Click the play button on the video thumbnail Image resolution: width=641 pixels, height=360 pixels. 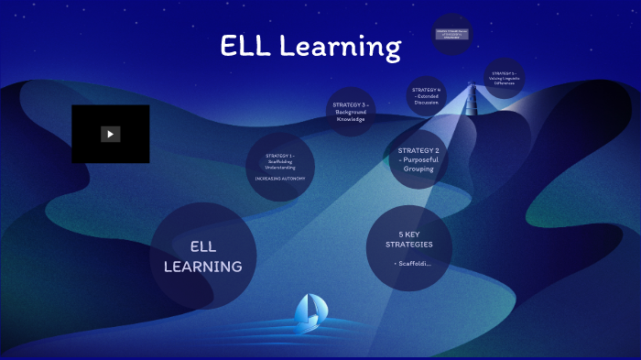[x=110, y=134]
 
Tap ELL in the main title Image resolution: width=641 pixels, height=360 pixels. [x=244, y=47]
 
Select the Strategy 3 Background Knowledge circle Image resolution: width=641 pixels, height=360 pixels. [x=350, y=112]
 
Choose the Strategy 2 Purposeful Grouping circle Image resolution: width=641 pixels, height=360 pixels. [x=418, y=159]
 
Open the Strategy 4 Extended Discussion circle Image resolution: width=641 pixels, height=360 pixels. [x=427, y=96]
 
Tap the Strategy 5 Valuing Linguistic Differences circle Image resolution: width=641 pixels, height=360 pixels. [x=503, y=78]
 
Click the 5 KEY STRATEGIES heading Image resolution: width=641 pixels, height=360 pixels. [x=409, y=239]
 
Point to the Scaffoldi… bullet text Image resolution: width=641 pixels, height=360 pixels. [x=412, y=264]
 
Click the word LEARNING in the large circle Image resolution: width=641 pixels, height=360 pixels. [x=203, y=267]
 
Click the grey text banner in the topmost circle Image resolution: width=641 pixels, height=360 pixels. [x=452, y=34]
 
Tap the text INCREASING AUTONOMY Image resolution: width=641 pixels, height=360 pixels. [x=280, y=179]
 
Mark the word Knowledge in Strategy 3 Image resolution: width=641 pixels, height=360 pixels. [x=350, y=119]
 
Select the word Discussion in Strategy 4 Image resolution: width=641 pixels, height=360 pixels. [x=427, y=103]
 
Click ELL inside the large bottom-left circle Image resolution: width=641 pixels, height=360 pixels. [x=202, y=246]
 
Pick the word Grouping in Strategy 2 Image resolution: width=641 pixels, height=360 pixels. [x=418, y=169]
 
